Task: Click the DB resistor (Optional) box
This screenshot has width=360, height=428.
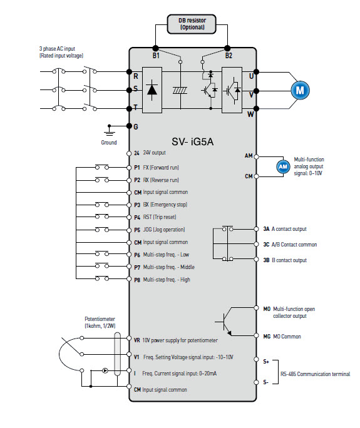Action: pos(192,24)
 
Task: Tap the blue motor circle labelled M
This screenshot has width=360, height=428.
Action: pos(300,90)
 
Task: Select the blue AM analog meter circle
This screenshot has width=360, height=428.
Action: pos(283,166)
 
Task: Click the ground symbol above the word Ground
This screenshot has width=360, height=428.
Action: pos(110,131)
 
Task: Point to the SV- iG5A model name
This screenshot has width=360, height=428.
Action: pos(192,141)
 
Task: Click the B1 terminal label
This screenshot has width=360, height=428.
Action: pos(156,56)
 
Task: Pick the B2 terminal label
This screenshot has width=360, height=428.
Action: pos(229,56)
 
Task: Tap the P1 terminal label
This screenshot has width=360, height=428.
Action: pos(137,168)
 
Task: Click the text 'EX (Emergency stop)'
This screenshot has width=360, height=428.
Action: pos(165,205)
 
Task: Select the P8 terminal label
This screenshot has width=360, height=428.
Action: pos(137,280)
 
